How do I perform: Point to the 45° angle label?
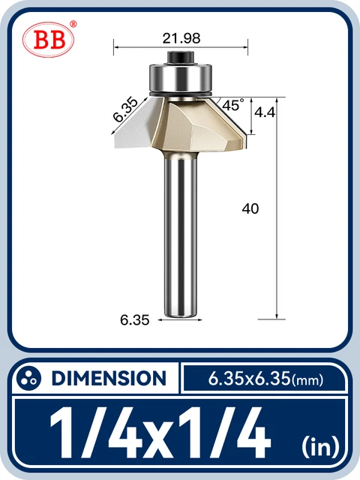click(232, 106)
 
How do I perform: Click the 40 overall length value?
click(250, 209)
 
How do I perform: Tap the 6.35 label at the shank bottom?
click(135, 319)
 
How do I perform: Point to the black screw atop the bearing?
click(181, 56)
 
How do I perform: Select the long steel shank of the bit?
click(181, 240)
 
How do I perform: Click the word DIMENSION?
click(109, 378)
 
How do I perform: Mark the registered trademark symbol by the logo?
click(73, 24)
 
